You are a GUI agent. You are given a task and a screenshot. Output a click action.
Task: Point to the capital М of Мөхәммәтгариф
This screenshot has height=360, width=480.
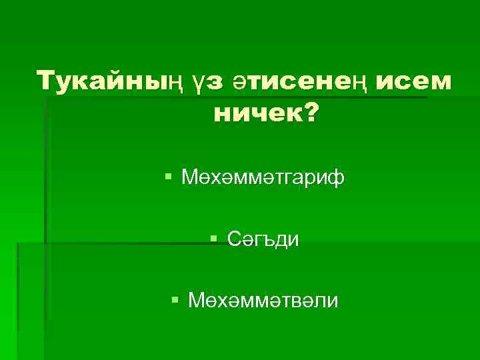pos(188,178)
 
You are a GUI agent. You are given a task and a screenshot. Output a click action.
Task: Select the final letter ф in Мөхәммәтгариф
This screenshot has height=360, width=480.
pos(337,179)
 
